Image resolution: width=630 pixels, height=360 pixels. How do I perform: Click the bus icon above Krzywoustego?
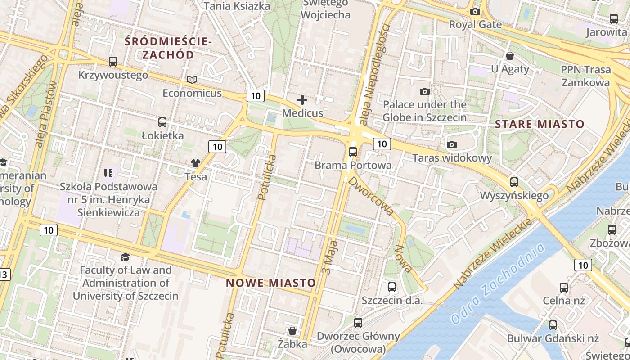(x=113, y=62)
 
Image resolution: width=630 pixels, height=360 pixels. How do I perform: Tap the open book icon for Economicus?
(x=192, y=80)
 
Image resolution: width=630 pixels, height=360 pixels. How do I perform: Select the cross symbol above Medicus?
(x=302, y=99)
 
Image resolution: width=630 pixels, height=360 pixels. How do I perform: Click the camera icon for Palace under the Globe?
(x=424, y=92)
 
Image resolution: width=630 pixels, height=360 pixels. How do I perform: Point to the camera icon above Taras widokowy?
(x=452, y=144)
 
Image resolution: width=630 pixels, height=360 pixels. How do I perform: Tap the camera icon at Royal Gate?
(x=475, y=11)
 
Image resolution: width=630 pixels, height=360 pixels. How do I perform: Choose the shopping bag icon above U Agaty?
(x=510, y=56)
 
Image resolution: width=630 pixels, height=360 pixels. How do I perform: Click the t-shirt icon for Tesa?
(x=196, y=163)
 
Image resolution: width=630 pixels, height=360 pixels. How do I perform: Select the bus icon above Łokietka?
(x=162, y=122)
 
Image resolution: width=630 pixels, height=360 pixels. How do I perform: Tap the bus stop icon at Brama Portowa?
(x=353, y=152)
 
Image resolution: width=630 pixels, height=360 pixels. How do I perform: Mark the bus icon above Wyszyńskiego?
(x=514, y=182)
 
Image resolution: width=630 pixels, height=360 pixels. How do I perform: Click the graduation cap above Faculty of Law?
(x=125, y=257)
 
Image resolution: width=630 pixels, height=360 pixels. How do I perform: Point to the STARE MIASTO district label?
(x=540, y=124)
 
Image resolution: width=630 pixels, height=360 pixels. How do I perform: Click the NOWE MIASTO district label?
(x=270, y=283)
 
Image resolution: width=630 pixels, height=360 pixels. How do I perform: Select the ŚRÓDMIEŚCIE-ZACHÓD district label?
(x=168, y=48)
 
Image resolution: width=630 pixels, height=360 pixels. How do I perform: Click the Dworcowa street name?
(x=371, y=196)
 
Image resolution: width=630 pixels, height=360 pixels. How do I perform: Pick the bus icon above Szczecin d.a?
(x=392, y=287)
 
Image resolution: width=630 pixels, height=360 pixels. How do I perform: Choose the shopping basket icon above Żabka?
(x=292, y=331)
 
